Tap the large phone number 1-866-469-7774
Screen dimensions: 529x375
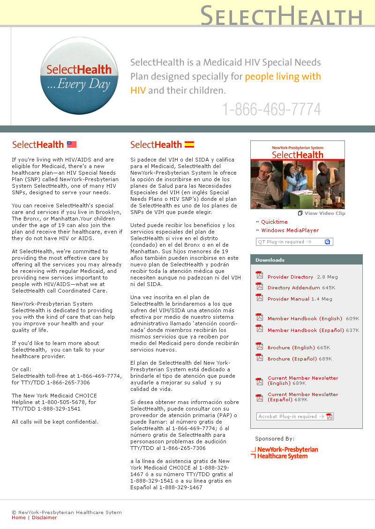click(271, 110)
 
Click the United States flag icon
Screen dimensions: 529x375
click(72, 145)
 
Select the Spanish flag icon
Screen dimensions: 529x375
click(189, 145)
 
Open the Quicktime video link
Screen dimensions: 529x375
click(274, 222)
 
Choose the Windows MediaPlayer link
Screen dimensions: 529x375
click(290, 230)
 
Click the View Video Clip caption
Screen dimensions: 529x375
click(324, 213)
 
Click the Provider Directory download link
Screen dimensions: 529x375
click(290, 277)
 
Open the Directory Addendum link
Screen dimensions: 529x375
click(293, 288)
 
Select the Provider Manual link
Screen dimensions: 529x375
click(288, 299)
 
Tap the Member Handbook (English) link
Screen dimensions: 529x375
click(305, 319)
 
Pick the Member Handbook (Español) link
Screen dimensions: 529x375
click(305, 331)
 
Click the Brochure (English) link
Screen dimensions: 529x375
click(291, 348)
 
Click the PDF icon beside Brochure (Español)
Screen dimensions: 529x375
click(259, 358)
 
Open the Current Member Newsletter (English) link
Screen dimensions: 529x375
click(302, 381)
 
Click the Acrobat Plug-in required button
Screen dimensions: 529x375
click(295, 417)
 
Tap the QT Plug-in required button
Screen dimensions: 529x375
click(294, 242)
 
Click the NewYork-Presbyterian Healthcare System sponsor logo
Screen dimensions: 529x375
click(285, 453)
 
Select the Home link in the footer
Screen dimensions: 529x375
click(19, 518)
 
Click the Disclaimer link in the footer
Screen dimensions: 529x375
click(44, 518)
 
